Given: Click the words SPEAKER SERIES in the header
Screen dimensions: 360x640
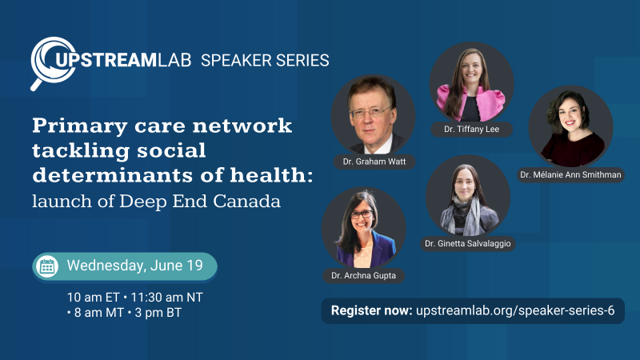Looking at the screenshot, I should tap(265, 60).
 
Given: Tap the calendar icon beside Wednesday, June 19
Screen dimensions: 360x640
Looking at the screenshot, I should tap(47, 266).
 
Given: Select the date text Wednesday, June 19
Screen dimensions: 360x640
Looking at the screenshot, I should tap(134, 266).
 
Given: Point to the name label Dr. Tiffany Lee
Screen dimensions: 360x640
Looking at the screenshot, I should tap(471, 129).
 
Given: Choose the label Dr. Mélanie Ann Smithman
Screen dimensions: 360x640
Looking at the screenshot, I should tap(570, 174).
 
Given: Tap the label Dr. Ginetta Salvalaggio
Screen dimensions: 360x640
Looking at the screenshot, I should tap(467, 243).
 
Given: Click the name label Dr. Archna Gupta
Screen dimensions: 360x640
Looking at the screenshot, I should tap(364, 275).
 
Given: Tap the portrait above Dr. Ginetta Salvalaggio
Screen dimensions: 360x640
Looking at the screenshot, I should tap(467, 196).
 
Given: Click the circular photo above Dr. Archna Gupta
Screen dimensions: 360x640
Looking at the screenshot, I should tap(364, 228).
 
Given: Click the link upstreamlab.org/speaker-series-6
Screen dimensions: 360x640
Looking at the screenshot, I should tap(515, 311).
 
